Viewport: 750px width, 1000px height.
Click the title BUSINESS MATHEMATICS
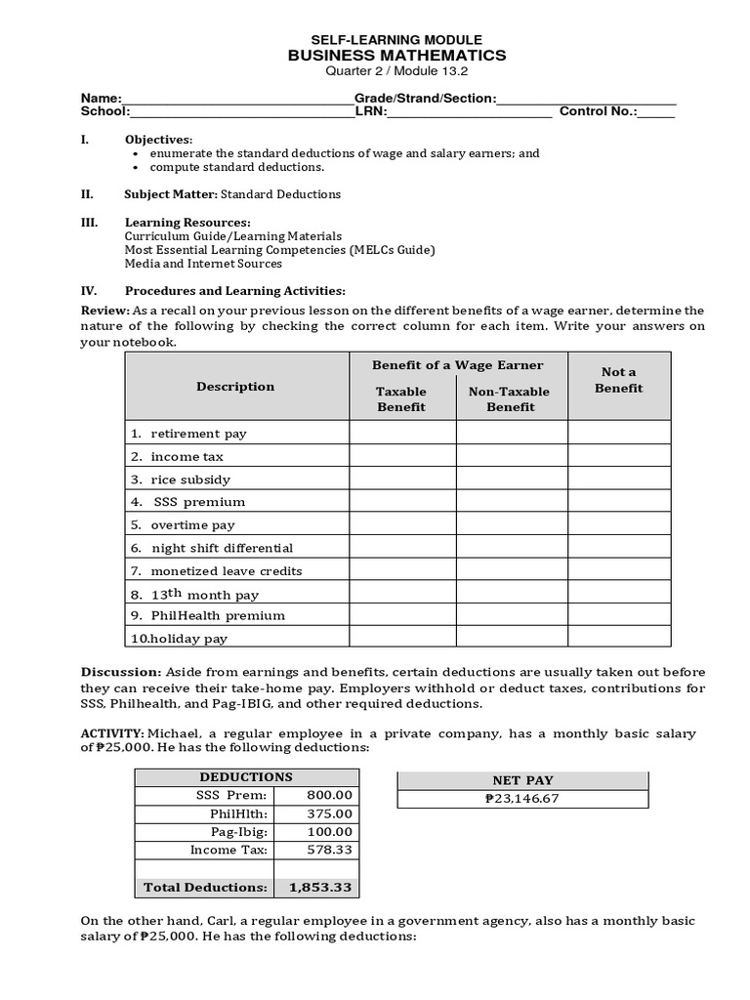click(x=396, y=56)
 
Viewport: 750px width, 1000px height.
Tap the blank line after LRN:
click(x=469, y=112)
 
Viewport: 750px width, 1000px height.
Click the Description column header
click(x=235, y=387)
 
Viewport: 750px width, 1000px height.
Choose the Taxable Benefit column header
click(x=401, y=398)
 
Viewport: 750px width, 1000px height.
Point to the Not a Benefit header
click(x=619, y=380)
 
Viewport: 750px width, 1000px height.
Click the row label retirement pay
click(x=192, y=433)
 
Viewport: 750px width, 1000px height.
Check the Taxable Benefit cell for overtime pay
click(x=402, y=524)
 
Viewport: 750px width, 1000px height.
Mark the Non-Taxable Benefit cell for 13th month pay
click(x=512, y=594)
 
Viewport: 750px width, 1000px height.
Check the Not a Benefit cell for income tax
click(x=619, y=456)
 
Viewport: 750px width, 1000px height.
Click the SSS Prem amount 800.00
click(x=329, y=796)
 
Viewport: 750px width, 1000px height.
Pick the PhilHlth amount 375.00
click(x=329, y=813)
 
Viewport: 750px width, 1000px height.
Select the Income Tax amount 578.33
click(x=329, y=850)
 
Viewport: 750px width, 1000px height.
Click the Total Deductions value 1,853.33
click(x=320, y=887)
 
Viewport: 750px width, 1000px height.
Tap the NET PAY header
click(x=522, y=781)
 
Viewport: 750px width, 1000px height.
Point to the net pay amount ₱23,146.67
click(x=522, y=799)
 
